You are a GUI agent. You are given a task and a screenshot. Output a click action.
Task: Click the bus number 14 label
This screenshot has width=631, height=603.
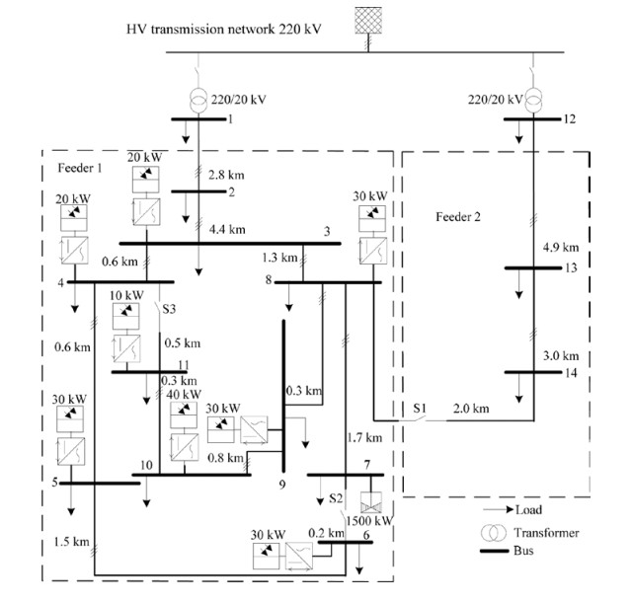click(x=574, y=372)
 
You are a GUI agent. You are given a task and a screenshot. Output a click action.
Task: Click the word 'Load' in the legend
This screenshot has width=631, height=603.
click(x=527, y=510)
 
